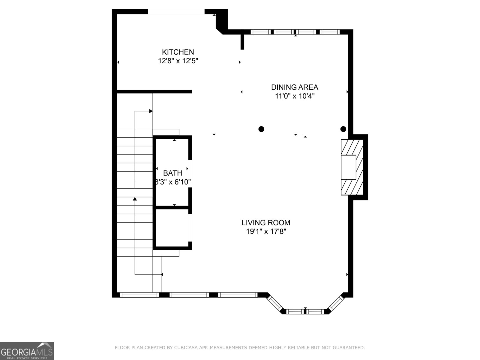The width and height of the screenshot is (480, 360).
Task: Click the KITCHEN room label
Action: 178,52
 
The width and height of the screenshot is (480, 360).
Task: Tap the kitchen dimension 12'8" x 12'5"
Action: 178,61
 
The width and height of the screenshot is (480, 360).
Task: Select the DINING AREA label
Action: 295,87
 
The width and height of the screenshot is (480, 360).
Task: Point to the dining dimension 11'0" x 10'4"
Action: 295,96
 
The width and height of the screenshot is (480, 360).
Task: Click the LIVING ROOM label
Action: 266,223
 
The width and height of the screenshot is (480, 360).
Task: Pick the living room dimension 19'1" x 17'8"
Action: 266,232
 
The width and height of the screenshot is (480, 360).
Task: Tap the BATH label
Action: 172,173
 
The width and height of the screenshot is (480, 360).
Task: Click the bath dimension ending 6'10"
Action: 173,182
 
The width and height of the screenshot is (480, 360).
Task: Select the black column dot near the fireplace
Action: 343,129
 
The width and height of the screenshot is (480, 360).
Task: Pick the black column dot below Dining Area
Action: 261,129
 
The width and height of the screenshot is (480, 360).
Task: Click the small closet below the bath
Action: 172,228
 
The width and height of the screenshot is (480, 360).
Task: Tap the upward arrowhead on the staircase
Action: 135,199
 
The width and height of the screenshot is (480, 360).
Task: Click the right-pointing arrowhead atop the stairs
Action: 151,111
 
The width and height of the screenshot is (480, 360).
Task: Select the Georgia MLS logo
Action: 27,351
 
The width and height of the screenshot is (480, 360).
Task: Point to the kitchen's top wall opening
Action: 176,12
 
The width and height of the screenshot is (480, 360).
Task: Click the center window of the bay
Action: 305,312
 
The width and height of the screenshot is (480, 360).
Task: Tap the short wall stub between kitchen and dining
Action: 242,42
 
